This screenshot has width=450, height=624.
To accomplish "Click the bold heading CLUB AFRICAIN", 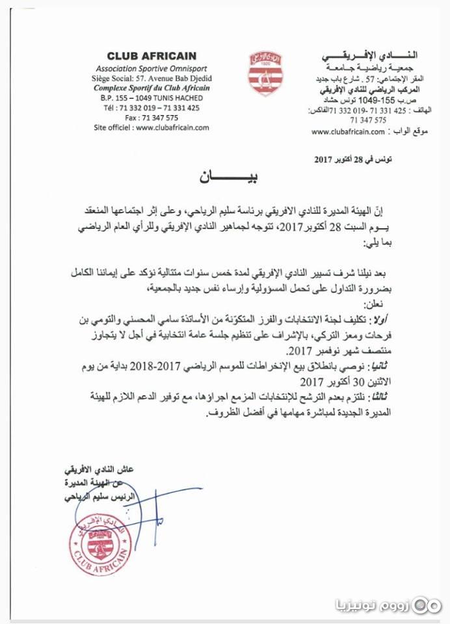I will pyautogui.click(x=151, y=57).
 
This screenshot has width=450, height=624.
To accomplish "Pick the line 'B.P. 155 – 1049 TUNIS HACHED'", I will pyautogui.click(x=151, y=98).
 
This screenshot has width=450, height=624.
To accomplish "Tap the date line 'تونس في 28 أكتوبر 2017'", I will pyautogui.click(x=354, y=159).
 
